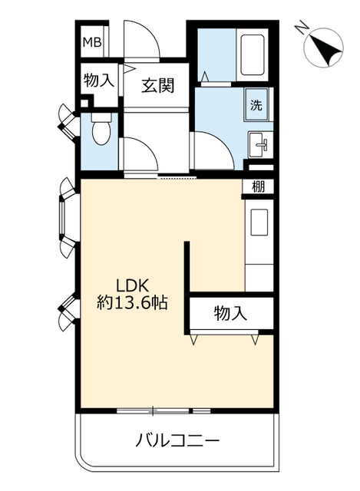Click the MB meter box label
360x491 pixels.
92,42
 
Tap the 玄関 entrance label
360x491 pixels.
157,85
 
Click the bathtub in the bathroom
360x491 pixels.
252,55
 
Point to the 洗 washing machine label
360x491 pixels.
256,105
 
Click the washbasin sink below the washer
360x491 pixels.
260,145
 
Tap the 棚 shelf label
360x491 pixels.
258,187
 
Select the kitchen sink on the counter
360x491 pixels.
259,222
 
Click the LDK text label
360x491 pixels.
132,285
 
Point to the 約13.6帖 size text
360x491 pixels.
132,303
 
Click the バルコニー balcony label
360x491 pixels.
177,441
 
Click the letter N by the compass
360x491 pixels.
302,27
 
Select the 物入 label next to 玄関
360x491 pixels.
99,81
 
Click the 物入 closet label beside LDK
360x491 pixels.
230,313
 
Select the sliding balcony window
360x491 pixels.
163,410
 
